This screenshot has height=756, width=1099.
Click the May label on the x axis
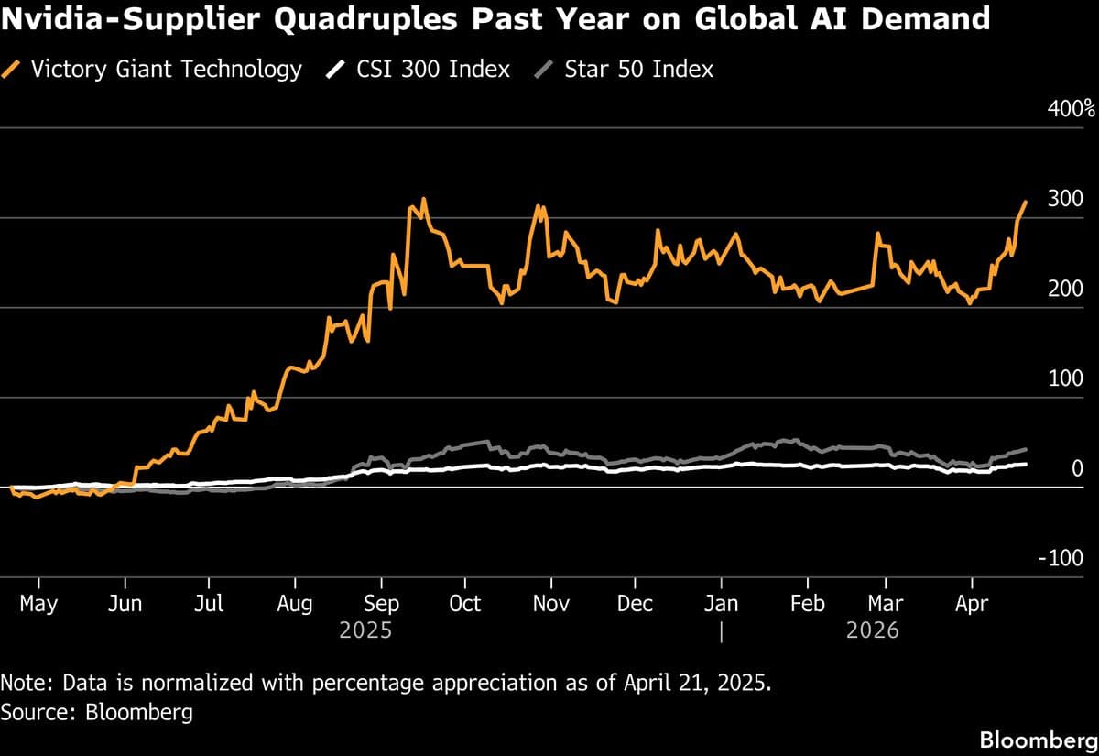(x=38, y=604)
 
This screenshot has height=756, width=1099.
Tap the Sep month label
(x=381, y=604)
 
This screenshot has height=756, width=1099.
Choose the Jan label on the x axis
(x=722, y=604)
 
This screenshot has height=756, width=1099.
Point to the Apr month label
(x=972, y=604)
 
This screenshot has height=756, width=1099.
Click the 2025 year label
(x=365, y=630)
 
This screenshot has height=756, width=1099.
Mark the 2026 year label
(x=873, y=630)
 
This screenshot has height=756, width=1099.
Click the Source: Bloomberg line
(x=97, y=711)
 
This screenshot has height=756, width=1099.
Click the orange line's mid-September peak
(x=423, y=199)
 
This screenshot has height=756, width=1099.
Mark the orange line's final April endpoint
(x=1026, y=202)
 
